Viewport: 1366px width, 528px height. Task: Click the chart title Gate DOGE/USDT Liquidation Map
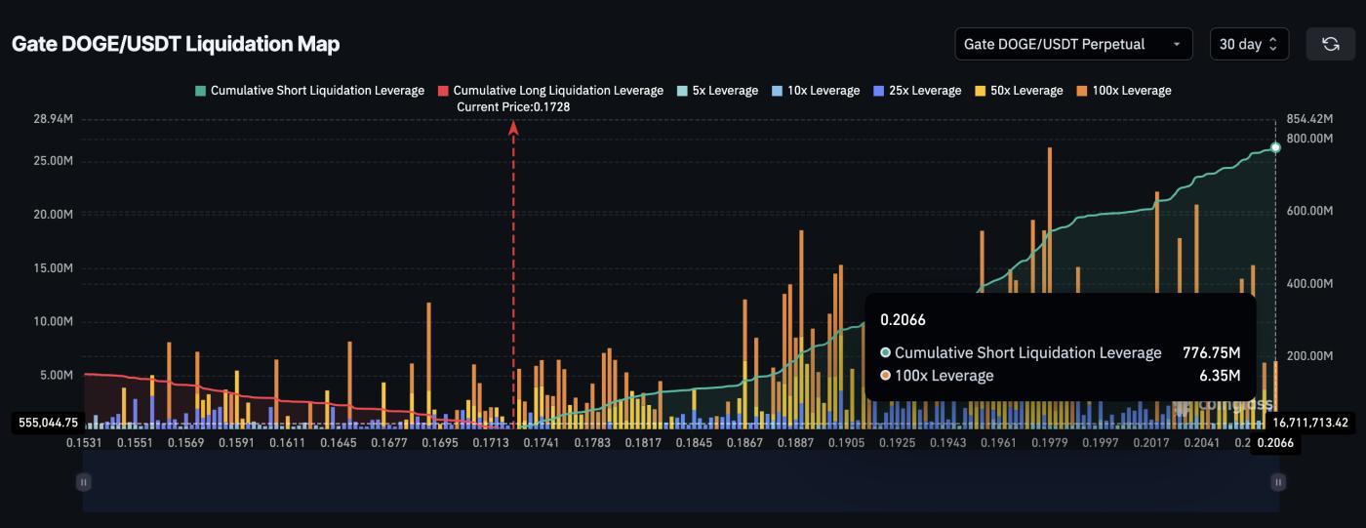point(176,44)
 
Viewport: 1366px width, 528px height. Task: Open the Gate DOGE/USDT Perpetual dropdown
point(1073,44)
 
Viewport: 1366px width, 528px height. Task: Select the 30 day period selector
point(1249,44)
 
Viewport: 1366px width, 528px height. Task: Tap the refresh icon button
point(1330,44)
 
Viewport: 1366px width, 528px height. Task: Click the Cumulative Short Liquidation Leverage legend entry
point(310,91)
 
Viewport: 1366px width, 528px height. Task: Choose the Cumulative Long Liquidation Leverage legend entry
point(551,91)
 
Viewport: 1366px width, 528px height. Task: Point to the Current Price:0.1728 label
point(513,106)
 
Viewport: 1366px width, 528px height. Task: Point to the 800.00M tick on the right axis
point(1309,139)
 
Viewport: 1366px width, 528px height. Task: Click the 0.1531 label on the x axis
point(84,443)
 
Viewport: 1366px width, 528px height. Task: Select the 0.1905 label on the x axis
point(846,443)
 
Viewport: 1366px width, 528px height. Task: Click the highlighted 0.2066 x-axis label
point(1275,443)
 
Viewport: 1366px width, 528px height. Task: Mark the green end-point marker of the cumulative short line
point(1275,147)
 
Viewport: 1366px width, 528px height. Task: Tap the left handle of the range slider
point(84,481)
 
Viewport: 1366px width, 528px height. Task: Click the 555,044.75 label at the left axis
point(49,423)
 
